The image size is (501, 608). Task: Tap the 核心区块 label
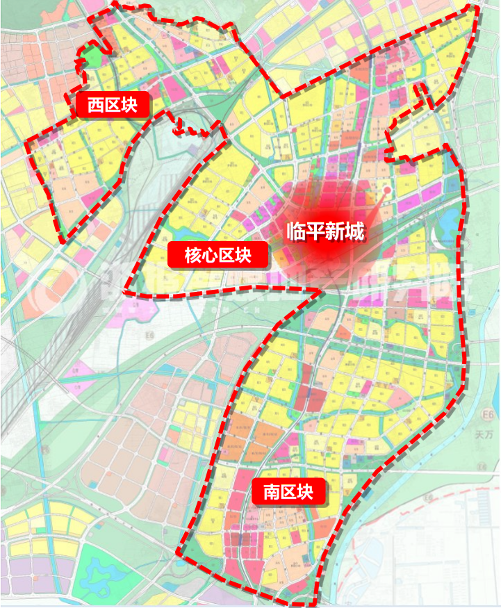click(x=218, y=255)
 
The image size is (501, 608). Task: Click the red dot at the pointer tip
click(x=388, y=189)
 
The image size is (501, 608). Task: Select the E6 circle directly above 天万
click(x=489, y=416)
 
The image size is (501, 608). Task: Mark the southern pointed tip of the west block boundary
click(x=64, y=240)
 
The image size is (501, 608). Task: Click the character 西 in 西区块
click(x=95, y=105)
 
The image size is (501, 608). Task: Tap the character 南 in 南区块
click(x=272, y=492)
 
